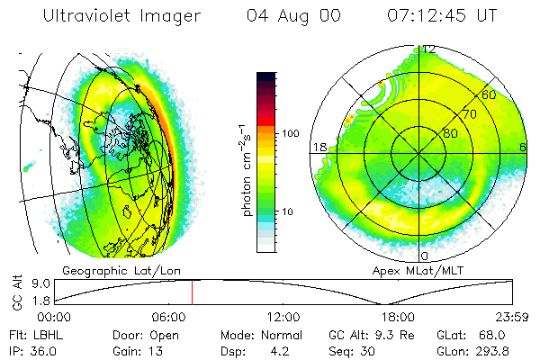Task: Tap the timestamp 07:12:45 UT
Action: click(x=441, y=16)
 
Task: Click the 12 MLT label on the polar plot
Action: click(x=430, y=49)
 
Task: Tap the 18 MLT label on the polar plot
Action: click(x=319, y=147)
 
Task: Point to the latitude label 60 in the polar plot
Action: click(x=490, y=94)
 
